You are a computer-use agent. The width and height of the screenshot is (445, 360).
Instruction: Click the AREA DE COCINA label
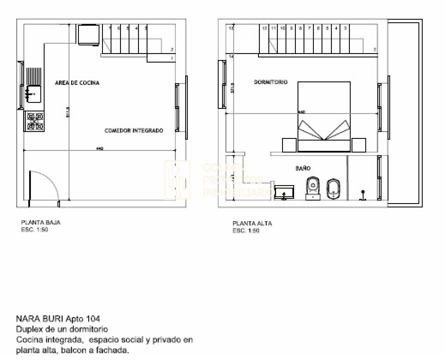pos(77,83)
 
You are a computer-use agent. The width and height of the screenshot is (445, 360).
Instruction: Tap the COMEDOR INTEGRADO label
pos(134,131)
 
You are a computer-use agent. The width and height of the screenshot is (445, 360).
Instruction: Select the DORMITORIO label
pos(271,82)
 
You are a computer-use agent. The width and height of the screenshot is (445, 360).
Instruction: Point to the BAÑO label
pos(303,169)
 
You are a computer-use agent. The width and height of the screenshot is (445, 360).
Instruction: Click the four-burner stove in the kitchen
pos(34,122)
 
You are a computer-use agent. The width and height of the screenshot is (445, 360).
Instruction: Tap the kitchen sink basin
pos(34,94)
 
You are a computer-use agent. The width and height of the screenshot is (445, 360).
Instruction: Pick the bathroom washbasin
pos(285,192)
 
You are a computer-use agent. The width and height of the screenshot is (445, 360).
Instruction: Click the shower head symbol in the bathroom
pos(363,194)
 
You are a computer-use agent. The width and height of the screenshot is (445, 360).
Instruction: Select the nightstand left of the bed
pos(289,145)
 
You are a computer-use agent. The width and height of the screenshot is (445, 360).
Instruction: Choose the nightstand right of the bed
pos(359,145)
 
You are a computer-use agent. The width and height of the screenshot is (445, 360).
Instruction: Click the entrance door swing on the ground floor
pos(44,188)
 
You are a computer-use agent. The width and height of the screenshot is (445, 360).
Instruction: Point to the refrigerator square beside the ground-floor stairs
pos(88,34)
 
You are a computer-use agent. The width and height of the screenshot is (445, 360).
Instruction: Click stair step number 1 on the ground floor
pos(162,58)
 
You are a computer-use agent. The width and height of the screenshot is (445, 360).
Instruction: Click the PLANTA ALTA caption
pos(252,224)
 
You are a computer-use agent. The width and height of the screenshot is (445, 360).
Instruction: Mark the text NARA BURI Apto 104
pos(58,319)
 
